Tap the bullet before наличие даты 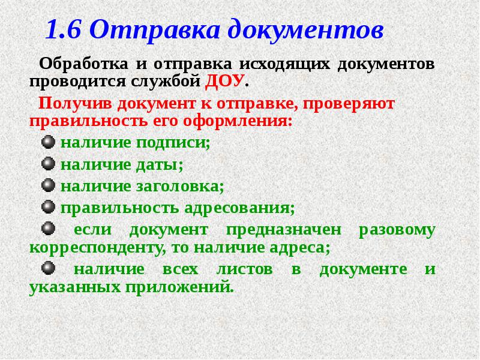coord(49,164)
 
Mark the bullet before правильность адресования coord(49,208)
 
